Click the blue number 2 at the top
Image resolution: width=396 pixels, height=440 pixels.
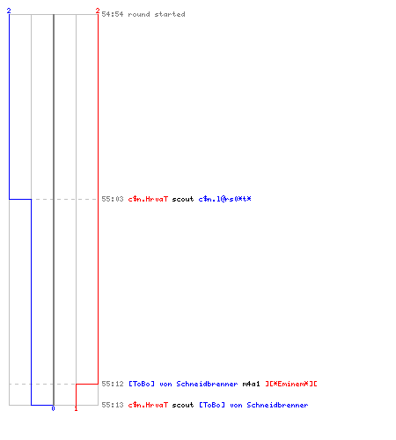pos(9,11)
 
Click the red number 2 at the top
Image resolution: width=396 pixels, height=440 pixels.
pos(98,11)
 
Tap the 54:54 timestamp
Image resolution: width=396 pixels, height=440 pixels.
pos(113,14)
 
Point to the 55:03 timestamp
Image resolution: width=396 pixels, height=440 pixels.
pos(113,199)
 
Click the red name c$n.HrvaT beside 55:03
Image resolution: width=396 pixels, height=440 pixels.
pos(148,199)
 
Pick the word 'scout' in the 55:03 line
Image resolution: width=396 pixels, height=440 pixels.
pos(183,199)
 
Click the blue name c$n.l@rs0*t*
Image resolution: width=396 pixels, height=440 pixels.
pos(224,199)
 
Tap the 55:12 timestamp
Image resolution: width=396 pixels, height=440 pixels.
pos(113,384)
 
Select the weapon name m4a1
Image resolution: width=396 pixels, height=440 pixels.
pos(251,384)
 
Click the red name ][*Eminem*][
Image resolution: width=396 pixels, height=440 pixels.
pos(291,384)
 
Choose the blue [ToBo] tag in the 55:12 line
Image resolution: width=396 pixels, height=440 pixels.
pos(142,384)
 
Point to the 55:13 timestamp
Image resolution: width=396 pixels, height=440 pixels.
pos(113,405)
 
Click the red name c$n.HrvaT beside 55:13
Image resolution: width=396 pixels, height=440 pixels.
pos(148,405)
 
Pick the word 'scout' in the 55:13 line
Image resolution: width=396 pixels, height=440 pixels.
pos(183,405)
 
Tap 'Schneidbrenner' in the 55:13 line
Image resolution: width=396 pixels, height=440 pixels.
pos(277,405)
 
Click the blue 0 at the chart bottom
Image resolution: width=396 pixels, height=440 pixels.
pos(53,408)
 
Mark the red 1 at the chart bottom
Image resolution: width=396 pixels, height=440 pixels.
pos(76,408)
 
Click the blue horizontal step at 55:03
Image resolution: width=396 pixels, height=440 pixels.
pos(20,199)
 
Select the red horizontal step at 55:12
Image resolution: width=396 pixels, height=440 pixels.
pos(87,384)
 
